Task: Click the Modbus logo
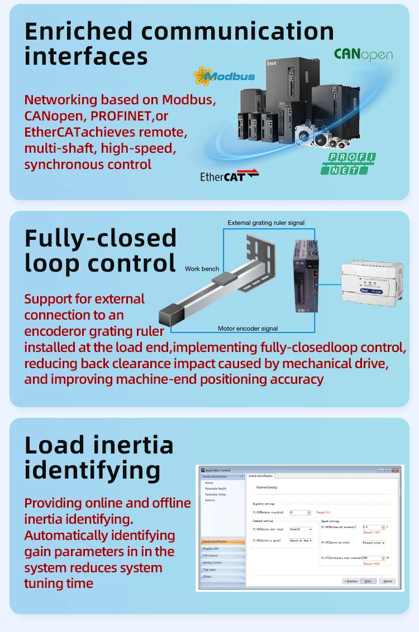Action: [224, 76]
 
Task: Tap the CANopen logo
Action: [363, 55]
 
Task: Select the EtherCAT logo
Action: [229, 176]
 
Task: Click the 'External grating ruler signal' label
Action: [266, 223]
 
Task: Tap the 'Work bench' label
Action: [202, 269]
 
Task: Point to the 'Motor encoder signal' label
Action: [247, 329]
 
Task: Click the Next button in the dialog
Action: [368, 581]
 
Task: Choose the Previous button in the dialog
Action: [350, 581]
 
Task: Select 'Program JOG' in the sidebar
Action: [211, 548]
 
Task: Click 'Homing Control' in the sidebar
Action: [213, 562]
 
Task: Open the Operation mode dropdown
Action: [374, 542]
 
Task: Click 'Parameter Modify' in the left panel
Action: [216, 489]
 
